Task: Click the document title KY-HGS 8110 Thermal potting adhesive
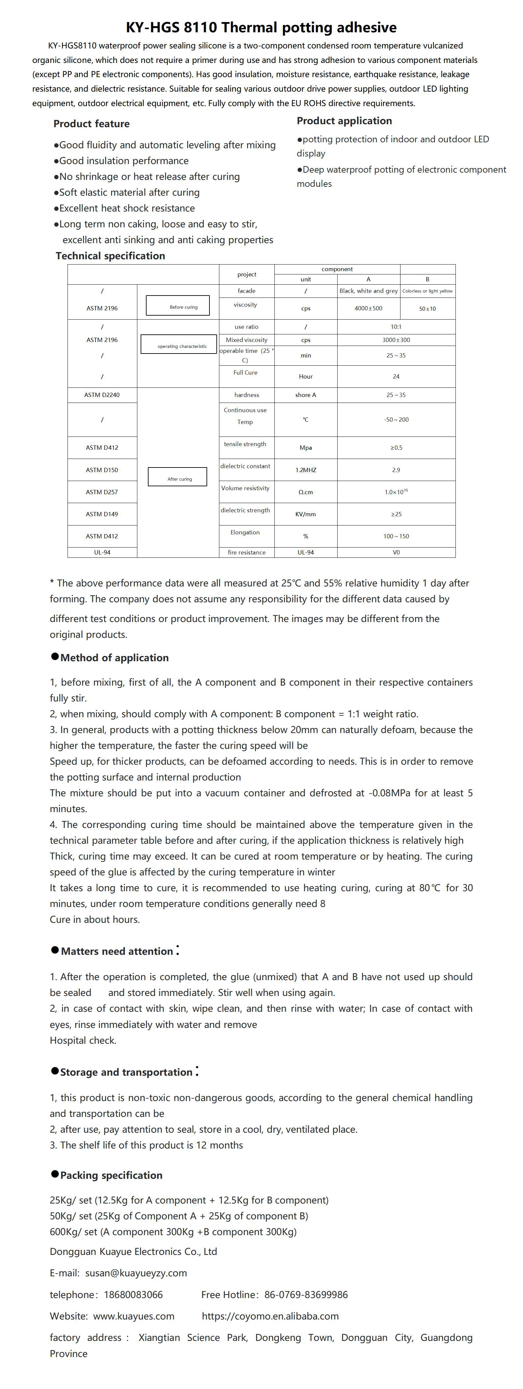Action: coord(261,27)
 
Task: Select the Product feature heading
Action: coord(92,124)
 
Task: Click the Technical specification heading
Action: coord(111,256)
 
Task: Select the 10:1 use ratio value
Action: coord(396,327)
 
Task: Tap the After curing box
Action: coord(178,477)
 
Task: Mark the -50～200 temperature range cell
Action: coord(396,419)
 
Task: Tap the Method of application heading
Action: coord(114,658)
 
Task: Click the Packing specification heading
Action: coord(111,1176)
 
